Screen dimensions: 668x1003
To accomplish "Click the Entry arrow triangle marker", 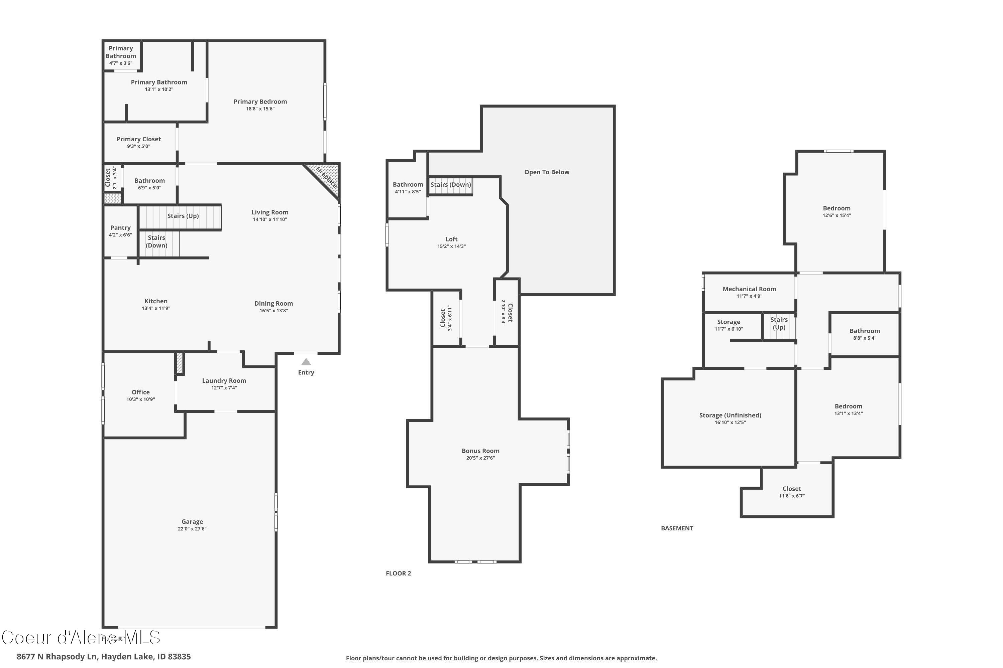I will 306,362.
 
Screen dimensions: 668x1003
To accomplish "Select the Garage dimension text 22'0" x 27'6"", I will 192,529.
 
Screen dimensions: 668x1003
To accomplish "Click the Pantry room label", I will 120,228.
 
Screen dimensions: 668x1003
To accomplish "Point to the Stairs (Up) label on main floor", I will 183,216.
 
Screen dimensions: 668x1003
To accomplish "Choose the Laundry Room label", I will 224,380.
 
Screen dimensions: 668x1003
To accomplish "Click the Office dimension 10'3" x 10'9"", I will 140,399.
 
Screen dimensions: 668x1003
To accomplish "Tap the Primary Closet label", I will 139,139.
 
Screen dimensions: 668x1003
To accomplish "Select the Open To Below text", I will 547,172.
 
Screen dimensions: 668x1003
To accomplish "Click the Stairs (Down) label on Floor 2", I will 451,184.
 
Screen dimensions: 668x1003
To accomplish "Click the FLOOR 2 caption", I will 398,573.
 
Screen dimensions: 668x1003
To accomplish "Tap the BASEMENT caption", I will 677,528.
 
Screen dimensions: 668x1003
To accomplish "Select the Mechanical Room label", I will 749,289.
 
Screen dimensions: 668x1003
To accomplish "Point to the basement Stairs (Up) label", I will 779,323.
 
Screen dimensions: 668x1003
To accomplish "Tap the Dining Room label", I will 273,303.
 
